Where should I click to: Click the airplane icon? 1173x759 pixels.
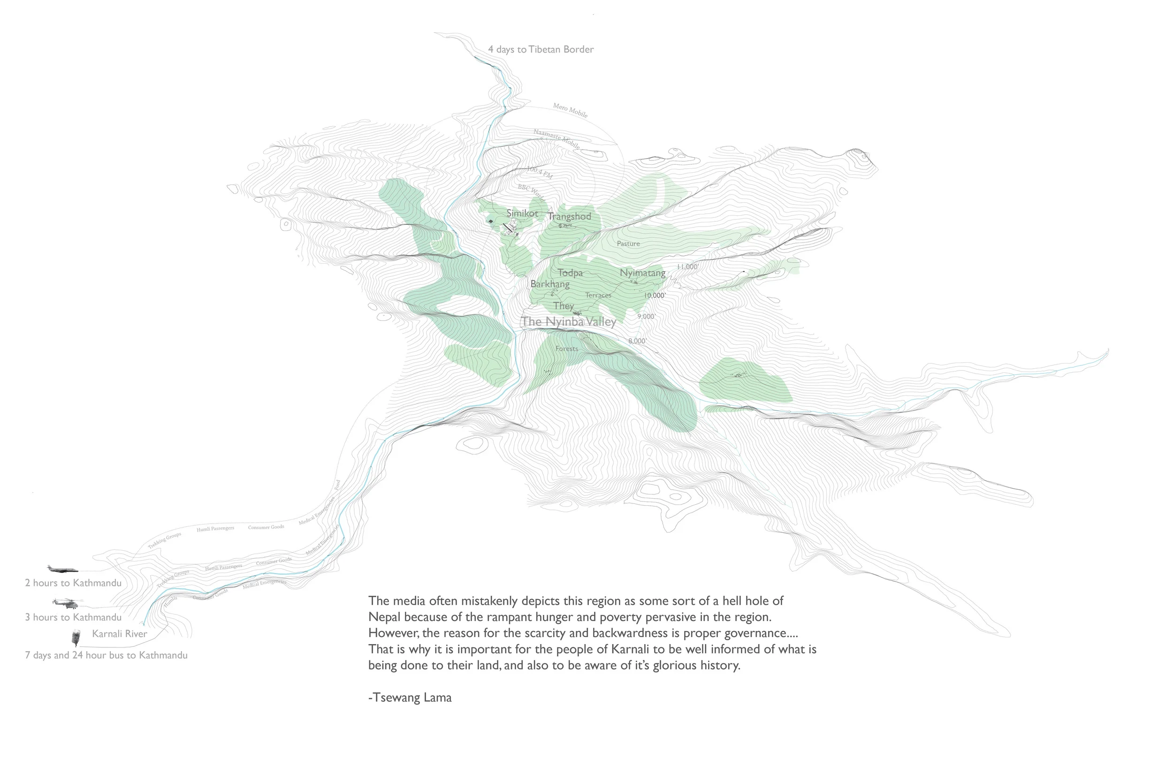(x=62, y=569)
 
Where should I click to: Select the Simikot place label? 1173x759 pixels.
(x=522, y=213)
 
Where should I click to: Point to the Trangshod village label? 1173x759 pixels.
(x=569, y=216)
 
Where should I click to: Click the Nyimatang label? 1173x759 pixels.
(x=642, y=273)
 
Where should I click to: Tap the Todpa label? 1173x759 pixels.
(x=570, y=273)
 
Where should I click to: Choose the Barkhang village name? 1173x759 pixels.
(x=549, y=284)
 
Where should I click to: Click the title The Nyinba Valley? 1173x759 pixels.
(x=569, y=322)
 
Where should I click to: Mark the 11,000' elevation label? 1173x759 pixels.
(x=687, y=266)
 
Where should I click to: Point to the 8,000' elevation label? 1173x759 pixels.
(x=637, y=341)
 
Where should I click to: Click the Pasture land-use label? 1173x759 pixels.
(x=628, y=243)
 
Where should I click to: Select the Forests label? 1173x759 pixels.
(x=566, y=349)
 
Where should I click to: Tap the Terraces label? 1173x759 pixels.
(x=598, y=295)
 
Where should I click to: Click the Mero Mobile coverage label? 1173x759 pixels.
(x=570, y=110)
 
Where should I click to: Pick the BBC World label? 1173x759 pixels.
(x=531, y=193)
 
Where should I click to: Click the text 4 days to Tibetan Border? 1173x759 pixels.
(x=541, y=49)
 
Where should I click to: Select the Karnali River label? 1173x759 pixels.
(x=119, y=634)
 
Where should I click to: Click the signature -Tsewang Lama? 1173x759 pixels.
(x=410, y=698)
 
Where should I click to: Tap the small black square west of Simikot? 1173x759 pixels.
(x=490, y=221)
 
